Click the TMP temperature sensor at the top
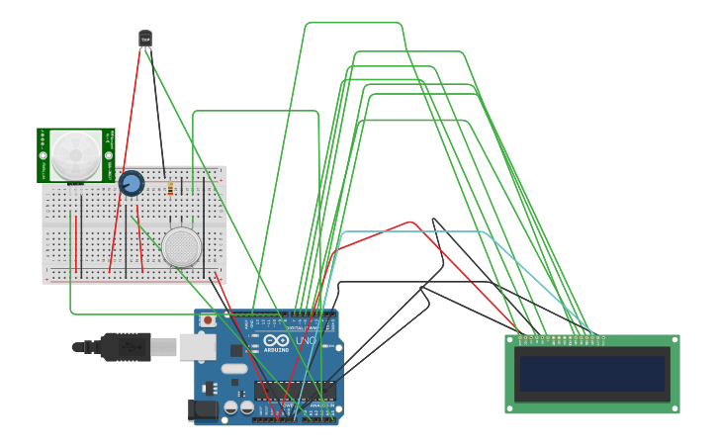pos(145,39)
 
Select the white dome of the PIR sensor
pos(76,154)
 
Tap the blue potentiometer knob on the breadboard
pos(131,183)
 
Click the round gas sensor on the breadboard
pos(182,246)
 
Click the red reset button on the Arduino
pos(208,319)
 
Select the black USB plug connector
pos(125,347)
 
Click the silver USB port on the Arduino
pos(197,347)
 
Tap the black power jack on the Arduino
pos(203,409)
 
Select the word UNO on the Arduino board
pos(305,341)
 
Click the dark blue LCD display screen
pos(592,374)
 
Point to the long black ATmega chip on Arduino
pos(295,391)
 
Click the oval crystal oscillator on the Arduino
pos(234,369)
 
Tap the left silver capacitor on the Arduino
pos(230,406)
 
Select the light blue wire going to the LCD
pos(415,232)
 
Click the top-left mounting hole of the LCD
pos(511,340)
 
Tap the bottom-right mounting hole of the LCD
pos(674,407)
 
